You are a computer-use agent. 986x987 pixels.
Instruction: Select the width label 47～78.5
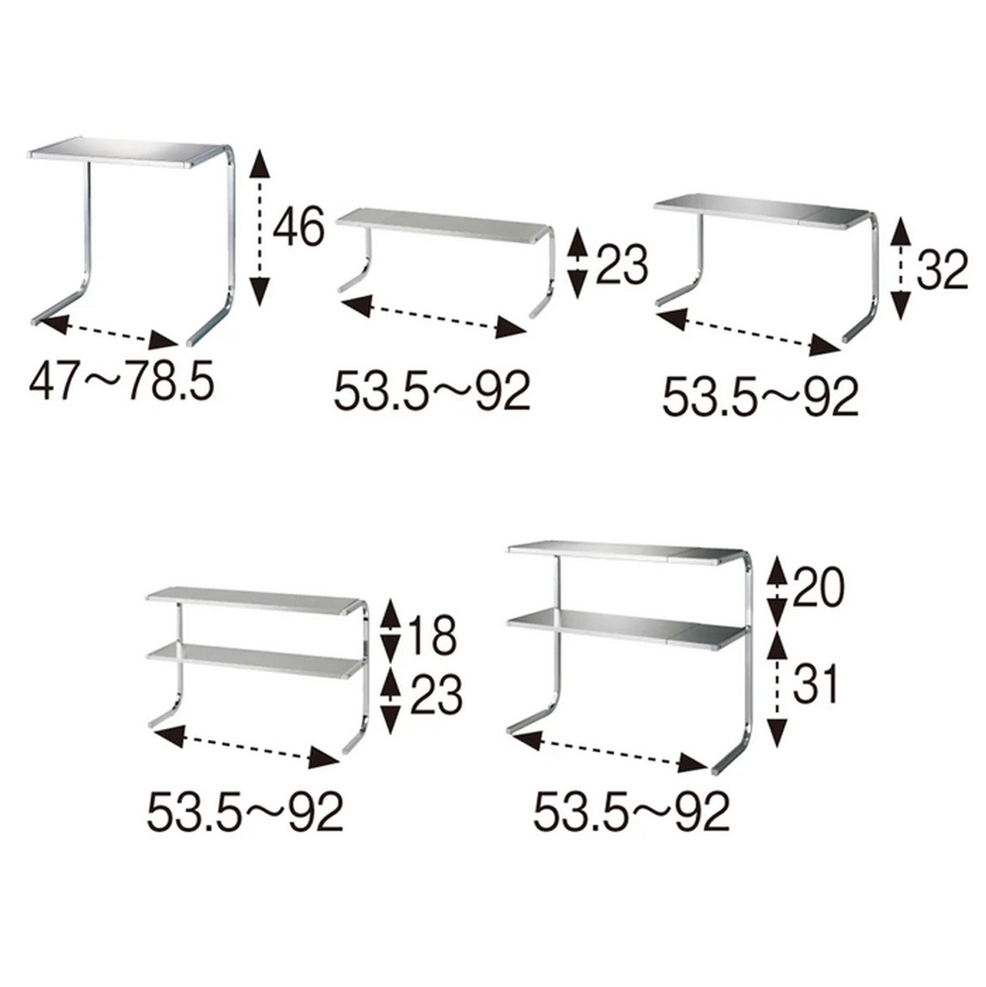click(121, 383)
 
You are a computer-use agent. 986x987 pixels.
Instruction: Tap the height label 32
click(942, 270)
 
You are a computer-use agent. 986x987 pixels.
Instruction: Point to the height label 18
click(432, 637)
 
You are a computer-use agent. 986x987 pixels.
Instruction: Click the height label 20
click(817, 586)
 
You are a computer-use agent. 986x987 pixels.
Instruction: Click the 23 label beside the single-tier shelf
click(622, 265)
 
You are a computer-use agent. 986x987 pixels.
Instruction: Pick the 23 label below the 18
click(436, 695)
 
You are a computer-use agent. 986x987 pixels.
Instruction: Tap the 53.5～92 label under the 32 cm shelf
click(761, 397)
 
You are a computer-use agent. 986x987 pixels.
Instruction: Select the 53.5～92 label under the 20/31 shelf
click(632, 812)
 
